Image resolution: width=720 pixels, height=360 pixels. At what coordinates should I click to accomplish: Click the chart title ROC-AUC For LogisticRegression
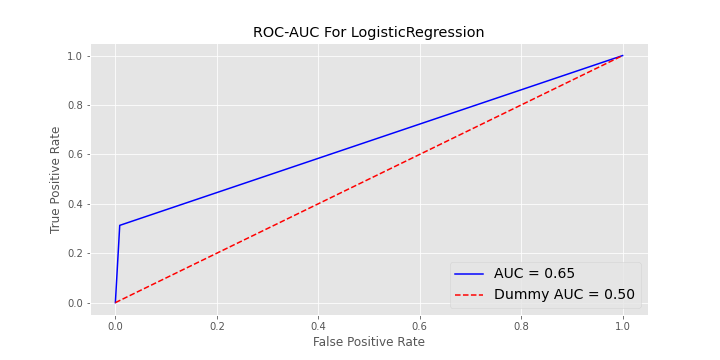click(x=368, y=32)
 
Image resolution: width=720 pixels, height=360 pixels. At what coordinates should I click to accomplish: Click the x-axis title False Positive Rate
click(x=368, y=342)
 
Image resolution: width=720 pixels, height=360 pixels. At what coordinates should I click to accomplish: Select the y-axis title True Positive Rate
click(x=56, y=180)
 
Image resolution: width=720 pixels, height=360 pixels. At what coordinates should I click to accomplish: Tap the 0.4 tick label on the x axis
click(x=318, y=325)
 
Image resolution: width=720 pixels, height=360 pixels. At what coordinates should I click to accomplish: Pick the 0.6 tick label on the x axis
click(x=420, y=325)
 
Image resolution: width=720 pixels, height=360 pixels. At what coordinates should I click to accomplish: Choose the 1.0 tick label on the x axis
click(x=623, y=325)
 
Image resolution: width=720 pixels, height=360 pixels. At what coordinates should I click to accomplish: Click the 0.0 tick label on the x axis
click(x=115, y=325)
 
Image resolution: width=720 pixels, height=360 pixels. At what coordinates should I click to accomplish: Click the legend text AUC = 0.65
click(x=534, y=274)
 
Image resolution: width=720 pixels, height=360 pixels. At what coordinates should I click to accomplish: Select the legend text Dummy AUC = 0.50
click(x=564, y=294)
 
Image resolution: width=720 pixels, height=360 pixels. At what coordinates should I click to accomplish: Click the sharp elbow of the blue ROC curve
click(x=120, y=225)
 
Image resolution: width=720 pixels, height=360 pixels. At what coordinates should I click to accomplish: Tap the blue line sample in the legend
click(x=469, y=274)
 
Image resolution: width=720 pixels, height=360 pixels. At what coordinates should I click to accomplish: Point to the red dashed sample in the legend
click(x=469, y=294)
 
